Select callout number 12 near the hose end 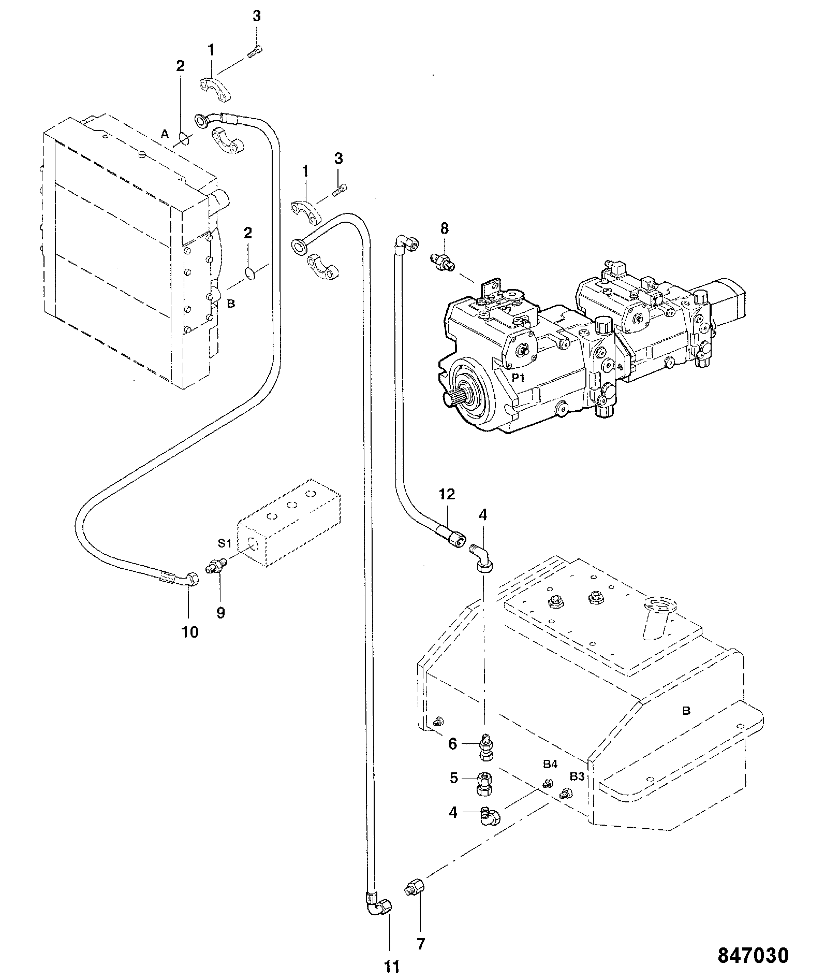(x=447, y=494)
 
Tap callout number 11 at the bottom (x=392, y=966)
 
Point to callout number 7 (x=421, y=944)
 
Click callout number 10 (x=190, y=632)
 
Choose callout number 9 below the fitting (x=220, y=613)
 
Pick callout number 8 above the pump (x=445, y=228)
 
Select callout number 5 (x=453, y=778)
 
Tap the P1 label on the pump (x=518, y=378)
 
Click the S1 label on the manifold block (x=224, y=543)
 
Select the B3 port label (x=577, y=776)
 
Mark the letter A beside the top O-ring (x=165, y=134)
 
